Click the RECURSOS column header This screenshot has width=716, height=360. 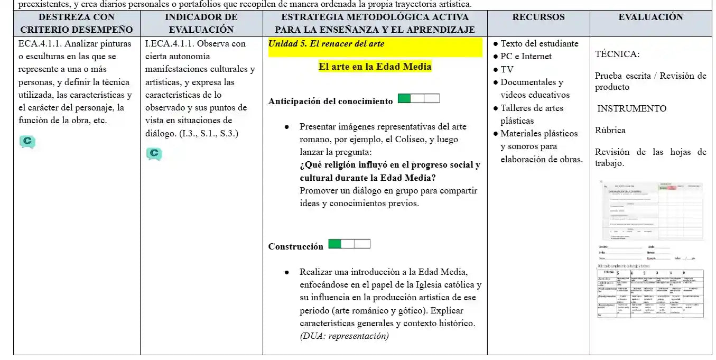538,17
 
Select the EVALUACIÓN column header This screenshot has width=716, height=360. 650,17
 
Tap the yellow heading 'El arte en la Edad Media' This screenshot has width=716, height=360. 375,67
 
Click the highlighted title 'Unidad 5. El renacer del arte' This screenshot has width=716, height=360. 327,44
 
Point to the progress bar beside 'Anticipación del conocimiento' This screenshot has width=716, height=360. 418,98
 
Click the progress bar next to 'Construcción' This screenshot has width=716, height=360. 349,244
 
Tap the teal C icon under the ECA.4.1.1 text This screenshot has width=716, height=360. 27,142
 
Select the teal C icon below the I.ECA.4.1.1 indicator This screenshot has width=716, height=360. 154,154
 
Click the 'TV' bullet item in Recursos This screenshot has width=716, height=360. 507,69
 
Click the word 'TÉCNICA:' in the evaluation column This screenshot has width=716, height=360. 617,54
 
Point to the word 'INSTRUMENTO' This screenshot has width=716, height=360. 631,108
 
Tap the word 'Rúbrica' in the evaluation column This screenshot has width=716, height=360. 610,130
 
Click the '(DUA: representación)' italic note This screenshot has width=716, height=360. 344,336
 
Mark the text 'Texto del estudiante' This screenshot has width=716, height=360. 539,44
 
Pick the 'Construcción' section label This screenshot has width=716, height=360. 295,246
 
